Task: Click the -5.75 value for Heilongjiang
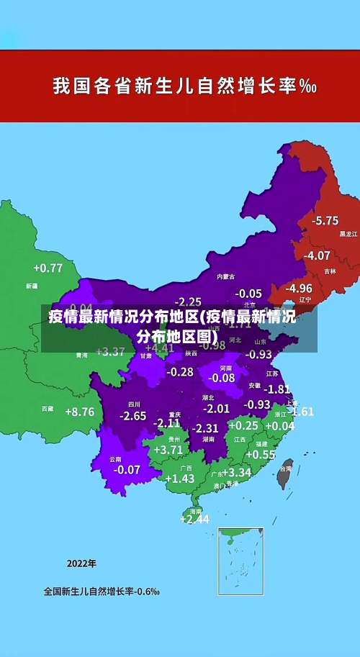(x=325, y=220)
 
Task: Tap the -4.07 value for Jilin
(x=317, y=255)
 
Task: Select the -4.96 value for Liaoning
(x=298, y=288)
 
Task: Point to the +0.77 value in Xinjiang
(x=48, y=268)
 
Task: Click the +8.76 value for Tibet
(x=79, y=412)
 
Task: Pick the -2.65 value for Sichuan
(x=132, y=416)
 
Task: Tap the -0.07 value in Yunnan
(x=127, y=469)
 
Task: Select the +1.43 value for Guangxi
(x=179, y=479)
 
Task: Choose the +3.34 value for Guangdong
(x=236, y=473)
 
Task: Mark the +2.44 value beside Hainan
(x=194, y=519)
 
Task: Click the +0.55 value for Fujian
(x=261, y=455)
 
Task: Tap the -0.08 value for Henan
(x=222, y=378)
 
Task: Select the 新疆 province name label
(x=32, y=286)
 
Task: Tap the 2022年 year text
(x=81, y=563)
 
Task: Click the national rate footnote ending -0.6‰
(x=102, y=592)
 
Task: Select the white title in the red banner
(x=184, y=87)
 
